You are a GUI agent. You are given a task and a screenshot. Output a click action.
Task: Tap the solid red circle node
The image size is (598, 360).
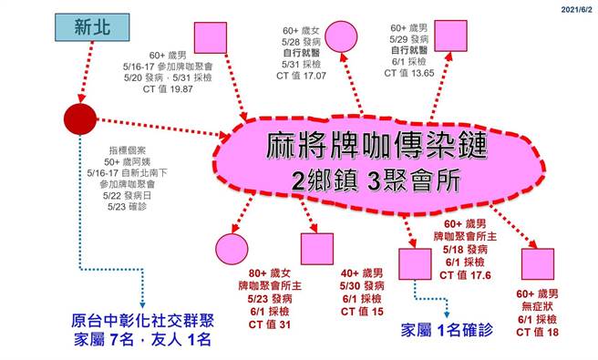(x=81, y=118)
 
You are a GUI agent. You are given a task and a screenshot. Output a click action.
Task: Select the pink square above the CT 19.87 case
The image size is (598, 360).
(x=211, y=37)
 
